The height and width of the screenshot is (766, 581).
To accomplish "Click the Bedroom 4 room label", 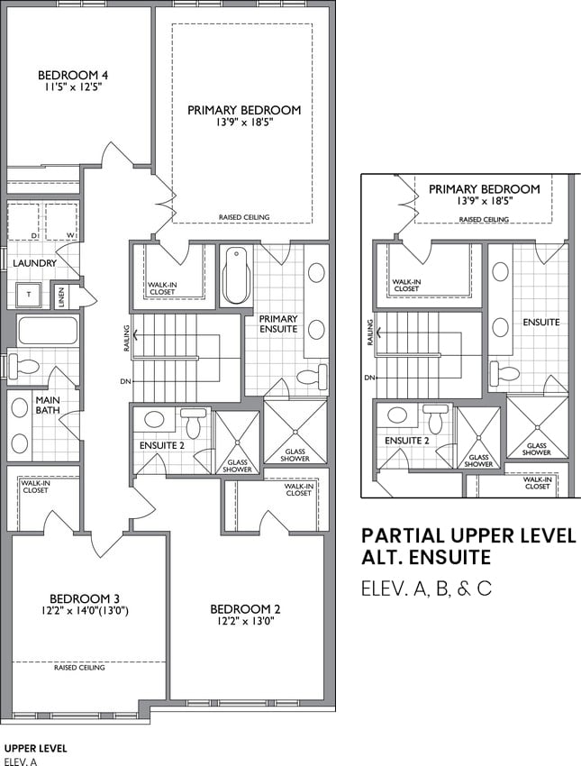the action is [73, 75].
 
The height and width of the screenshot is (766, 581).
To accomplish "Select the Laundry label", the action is [34, 263].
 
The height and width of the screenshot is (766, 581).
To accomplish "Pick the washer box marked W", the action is [61, 222].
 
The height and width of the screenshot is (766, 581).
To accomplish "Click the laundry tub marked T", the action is [30, 295].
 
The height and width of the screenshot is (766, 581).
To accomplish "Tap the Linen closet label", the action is [61, 296].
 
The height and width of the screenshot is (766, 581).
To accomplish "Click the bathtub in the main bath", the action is [48, 331].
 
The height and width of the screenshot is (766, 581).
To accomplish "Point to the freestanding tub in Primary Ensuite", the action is [237, 276].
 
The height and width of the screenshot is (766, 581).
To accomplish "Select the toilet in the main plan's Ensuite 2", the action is [194, 422].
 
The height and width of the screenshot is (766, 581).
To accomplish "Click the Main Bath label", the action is [48, 405].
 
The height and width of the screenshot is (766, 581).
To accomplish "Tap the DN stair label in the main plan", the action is [125, 381].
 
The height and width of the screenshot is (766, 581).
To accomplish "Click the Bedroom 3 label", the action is [85, 598].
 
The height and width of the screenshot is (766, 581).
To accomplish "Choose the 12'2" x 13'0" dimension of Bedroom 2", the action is [246, 622].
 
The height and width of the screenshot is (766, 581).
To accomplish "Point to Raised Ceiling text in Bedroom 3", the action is [79, 667].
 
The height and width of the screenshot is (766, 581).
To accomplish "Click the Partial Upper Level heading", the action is [468, 535].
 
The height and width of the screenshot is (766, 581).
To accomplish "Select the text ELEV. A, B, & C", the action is [426, 588].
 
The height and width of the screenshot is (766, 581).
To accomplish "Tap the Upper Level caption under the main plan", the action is [35, 748].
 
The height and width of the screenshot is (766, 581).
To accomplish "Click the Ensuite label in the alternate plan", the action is [541, 322].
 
